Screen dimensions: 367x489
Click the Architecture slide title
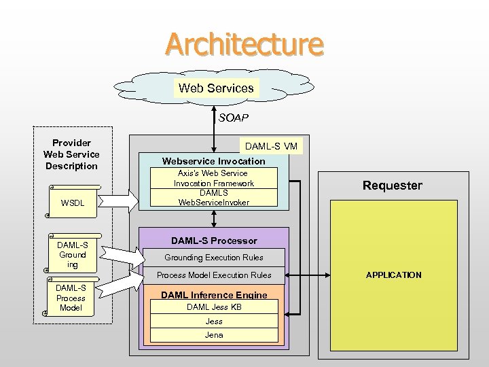(244, 44)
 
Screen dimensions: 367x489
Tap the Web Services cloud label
(216, 88)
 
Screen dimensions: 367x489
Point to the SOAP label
(233, 118)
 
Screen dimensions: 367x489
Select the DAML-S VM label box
(271, 146)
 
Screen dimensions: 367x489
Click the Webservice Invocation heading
(213, 161)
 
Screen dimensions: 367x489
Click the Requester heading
(392, 186)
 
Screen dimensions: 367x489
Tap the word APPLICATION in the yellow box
(393, 275)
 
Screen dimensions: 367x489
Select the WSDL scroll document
(73, 203)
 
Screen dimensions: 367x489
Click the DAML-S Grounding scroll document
(73, 255)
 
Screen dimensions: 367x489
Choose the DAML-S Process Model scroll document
(71, 298)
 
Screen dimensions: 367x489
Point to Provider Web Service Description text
(71, 154)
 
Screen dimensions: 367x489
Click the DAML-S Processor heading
(213, 241)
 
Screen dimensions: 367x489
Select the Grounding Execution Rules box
(213, 258)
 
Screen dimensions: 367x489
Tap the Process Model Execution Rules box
(213, 275)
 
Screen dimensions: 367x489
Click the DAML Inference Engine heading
(213, 295)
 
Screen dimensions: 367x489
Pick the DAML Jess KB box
(213, 307)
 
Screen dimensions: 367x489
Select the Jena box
(213, 335)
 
